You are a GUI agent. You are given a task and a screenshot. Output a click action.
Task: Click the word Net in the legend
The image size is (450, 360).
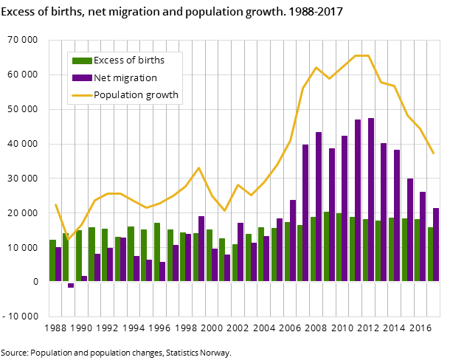(x=103, y=77)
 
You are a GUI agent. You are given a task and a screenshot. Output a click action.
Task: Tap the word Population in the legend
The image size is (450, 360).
(x=119, y=94)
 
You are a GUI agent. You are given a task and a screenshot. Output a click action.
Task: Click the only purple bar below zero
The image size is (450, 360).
(x=71, y=285)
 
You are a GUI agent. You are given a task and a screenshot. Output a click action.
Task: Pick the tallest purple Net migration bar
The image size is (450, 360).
(x=371, y=199)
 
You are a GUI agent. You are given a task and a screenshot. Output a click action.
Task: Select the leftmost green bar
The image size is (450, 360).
(x=52, y=260)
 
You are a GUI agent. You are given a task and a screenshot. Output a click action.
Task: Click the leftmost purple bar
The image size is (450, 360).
(x=58, y=264)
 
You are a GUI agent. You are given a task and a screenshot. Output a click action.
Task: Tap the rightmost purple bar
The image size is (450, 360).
(x=436, y=244)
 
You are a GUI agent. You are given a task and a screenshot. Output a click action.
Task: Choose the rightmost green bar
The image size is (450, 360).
(x=430, y=254)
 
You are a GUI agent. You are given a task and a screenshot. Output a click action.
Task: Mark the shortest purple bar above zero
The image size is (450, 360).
(x=84, y=278)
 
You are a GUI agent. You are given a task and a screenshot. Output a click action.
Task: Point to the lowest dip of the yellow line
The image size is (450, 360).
(x=68, y=239)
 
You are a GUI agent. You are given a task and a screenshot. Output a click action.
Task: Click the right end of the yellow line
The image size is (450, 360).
(x=433, y=153)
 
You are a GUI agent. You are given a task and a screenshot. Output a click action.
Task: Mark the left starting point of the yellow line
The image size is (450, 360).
(x=55, y=204)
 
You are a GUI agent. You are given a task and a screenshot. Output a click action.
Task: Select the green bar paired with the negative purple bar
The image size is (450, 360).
(x=66, y=257)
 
